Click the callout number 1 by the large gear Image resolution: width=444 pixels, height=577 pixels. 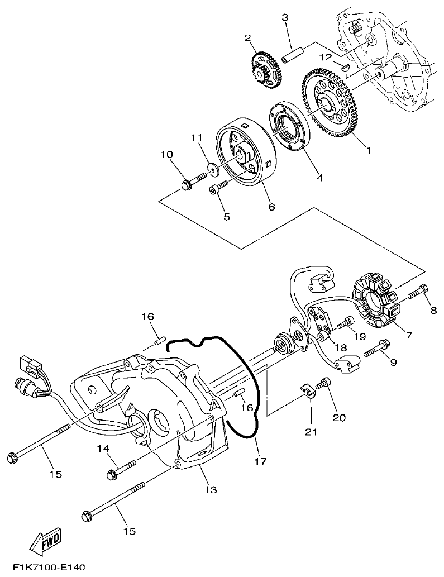coord(368,150)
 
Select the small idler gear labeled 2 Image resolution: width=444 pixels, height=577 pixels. coord(263,69)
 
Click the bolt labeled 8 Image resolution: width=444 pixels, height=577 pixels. coord(419,291)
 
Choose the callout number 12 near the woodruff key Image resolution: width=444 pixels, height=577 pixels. coord(326,57)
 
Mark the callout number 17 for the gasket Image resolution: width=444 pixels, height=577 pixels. coord(260,461)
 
